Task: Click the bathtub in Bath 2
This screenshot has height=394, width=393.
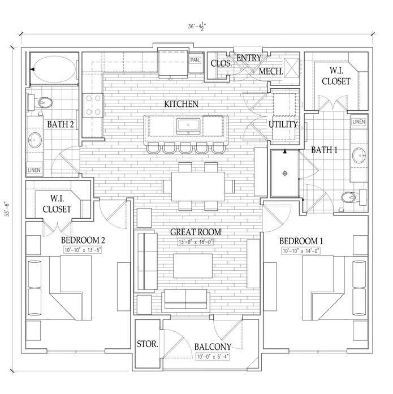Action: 54,69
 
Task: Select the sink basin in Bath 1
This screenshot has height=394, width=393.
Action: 359,155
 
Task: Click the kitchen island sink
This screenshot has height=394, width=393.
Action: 188,126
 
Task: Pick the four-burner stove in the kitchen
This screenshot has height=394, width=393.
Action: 93,105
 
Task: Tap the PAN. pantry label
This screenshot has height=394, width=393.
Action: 195,60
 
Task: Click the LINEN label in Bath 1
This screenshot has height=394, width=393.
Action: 359,122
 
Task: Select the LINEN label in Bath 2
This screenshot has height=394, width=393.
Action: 34,170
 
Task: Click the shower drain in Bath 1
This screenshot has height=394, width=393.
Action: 284,173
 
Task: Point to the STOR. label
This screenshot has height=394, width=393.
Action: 148,344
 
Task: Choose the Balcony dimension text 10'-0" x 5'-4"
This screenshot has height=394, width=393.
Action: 212,357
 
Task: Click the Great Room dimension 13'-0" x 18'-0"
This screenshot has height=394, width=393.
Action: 196,243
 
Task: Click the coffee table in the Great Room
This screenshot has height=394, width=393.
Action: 193,266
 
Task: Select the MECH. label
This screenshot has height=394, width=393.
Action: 271,71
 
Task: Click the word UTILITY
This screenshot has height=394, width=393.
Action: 283,124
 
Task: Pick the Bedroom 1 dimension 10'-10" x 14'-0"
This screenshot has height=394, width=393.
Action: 301,251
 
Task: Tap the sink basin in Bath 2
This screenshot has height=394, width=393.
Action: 34,140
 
